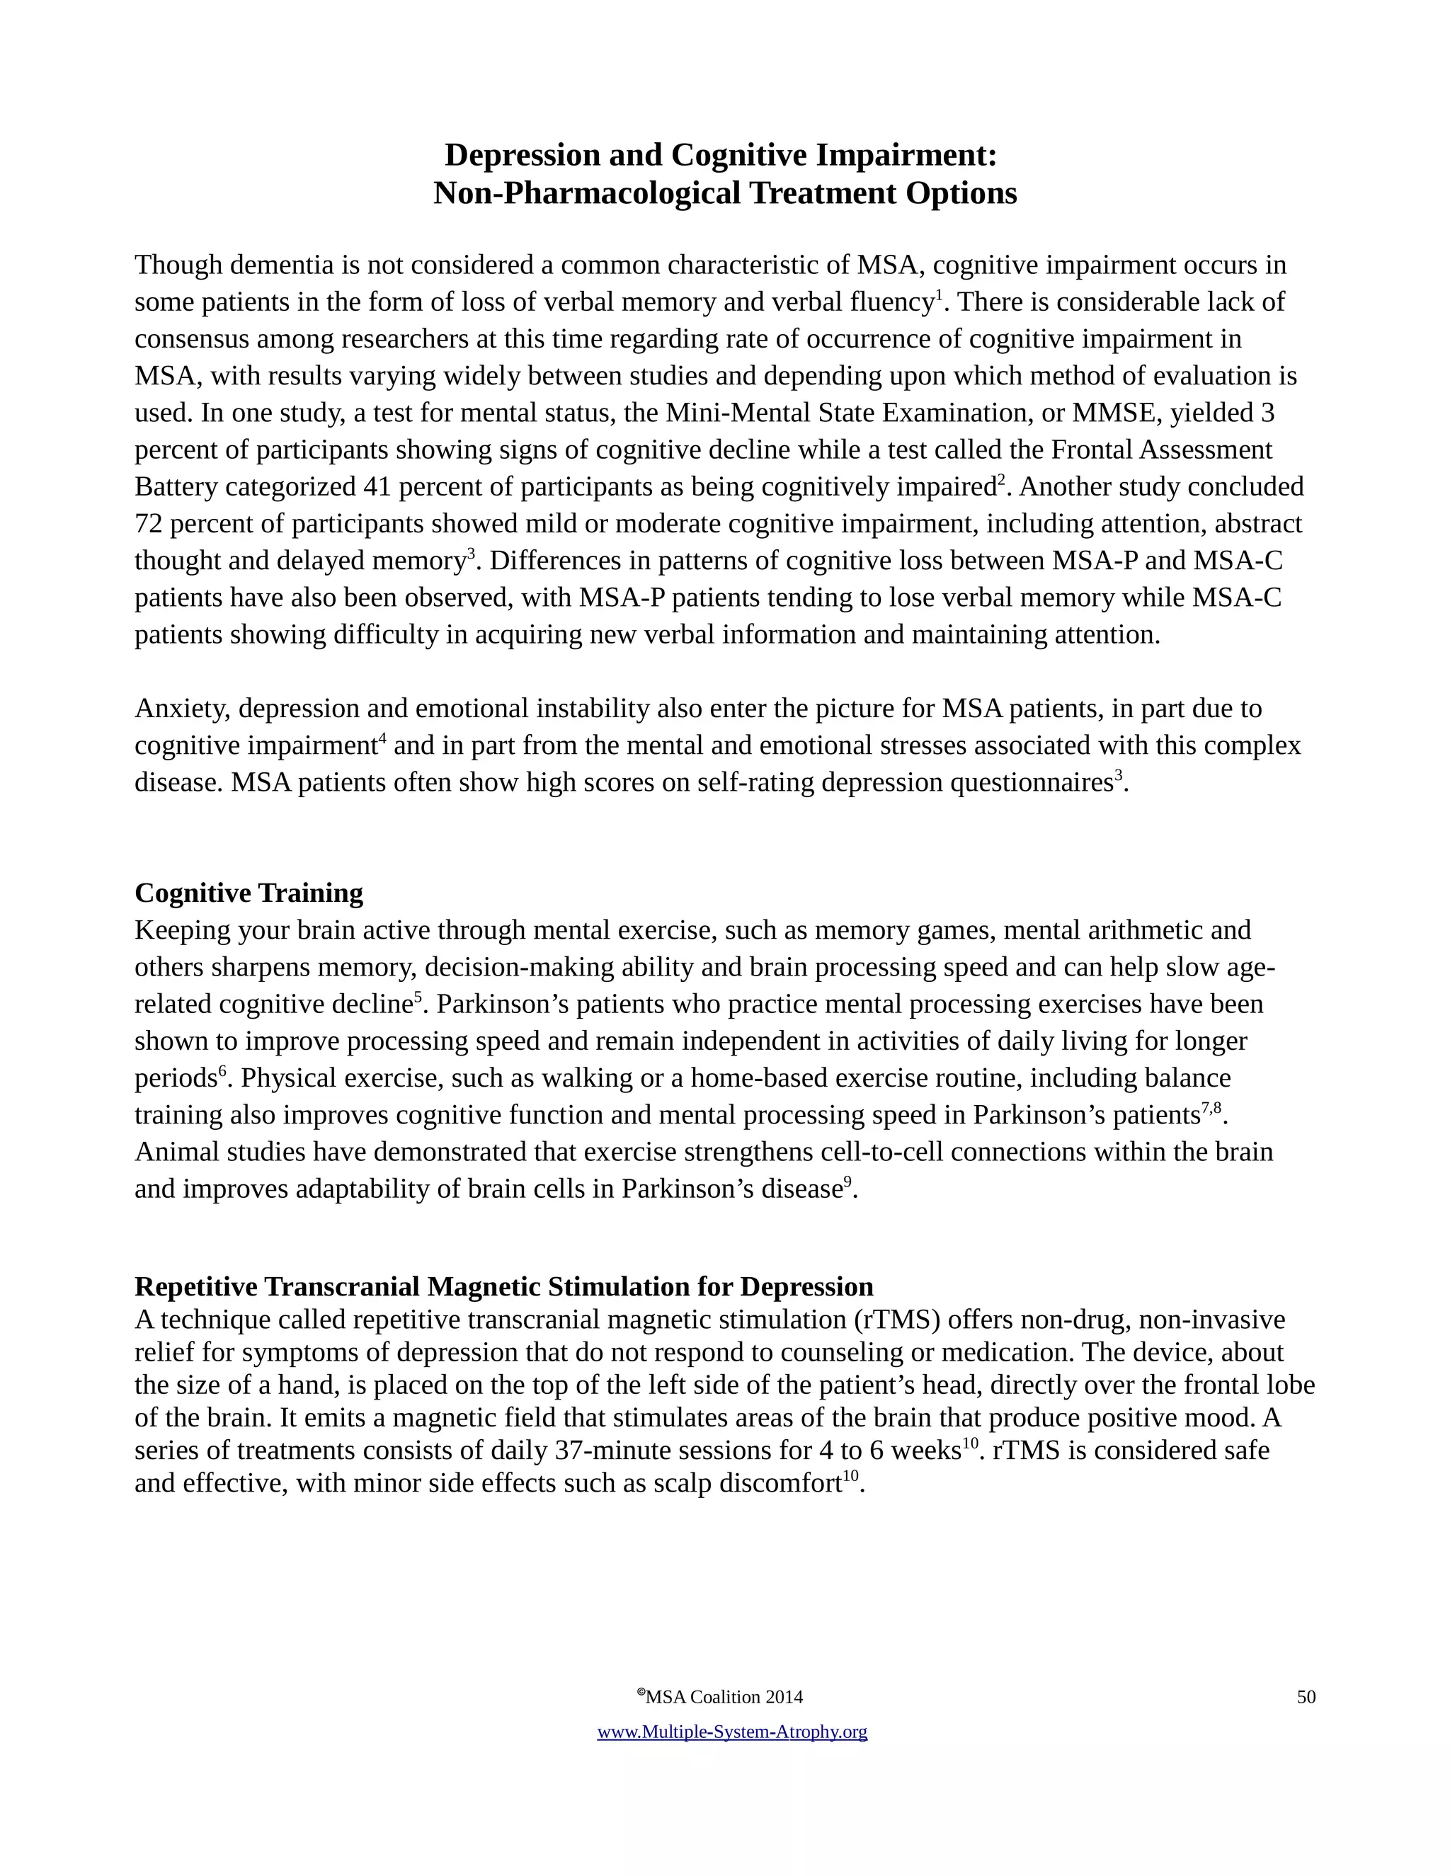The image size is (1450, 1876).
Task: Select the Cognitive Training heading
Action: [249, 893]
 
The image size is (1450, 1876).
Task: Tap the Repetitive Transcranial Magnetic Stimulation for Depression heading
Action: [503, 1287]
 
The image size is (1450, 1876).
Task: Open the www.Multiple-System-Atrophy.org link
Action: [732, 1732]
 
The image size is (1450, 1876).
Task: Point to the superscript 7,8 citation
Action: [1210, 1108]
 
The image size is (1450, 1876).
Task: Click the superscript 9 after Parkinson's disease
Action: [847, 1182]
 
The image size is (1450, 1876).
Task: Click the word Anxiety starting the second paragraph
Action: [181, 709]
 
